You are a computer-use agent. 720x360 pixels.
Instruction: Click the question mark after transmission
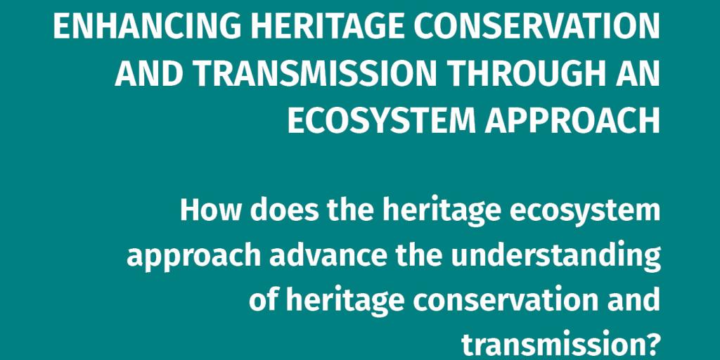[652, 345]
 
